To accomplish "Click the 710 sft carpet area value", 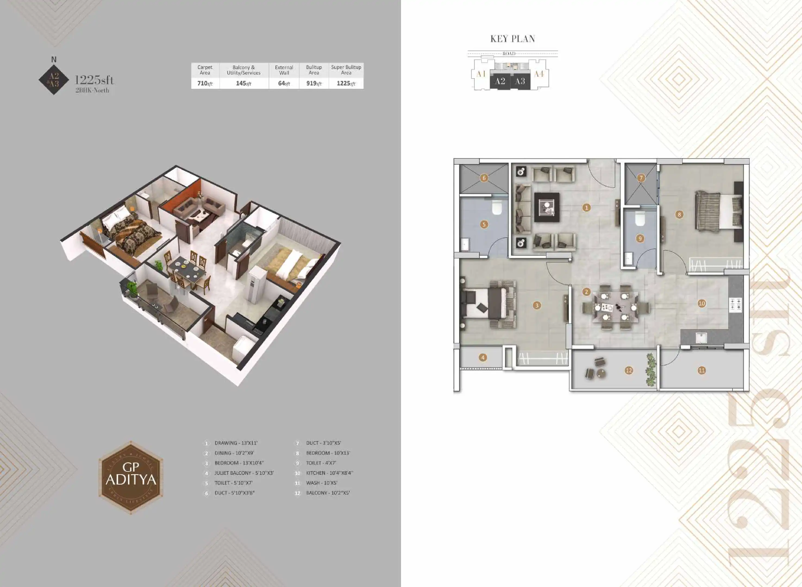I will [205, 83].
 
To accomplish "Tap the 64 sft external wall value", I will [284, 83].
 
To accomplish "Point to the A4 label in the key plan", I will [539, 74].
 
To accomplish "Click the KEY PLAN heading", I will [513, 39].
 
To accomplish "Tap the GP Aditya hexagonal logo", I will [131, 477].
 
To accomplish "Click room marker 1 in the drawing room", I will [586, 208].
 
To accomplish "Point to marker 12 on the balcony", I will [629, 370].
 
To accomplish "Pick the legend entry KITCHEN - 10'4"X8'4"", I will [329, 473].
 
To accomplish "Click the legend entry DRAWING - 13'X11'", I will [236, 443].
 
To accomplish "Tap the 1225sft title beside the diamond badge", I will [94, 80].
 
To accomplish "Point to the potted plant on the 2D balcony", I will [651, 370].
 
